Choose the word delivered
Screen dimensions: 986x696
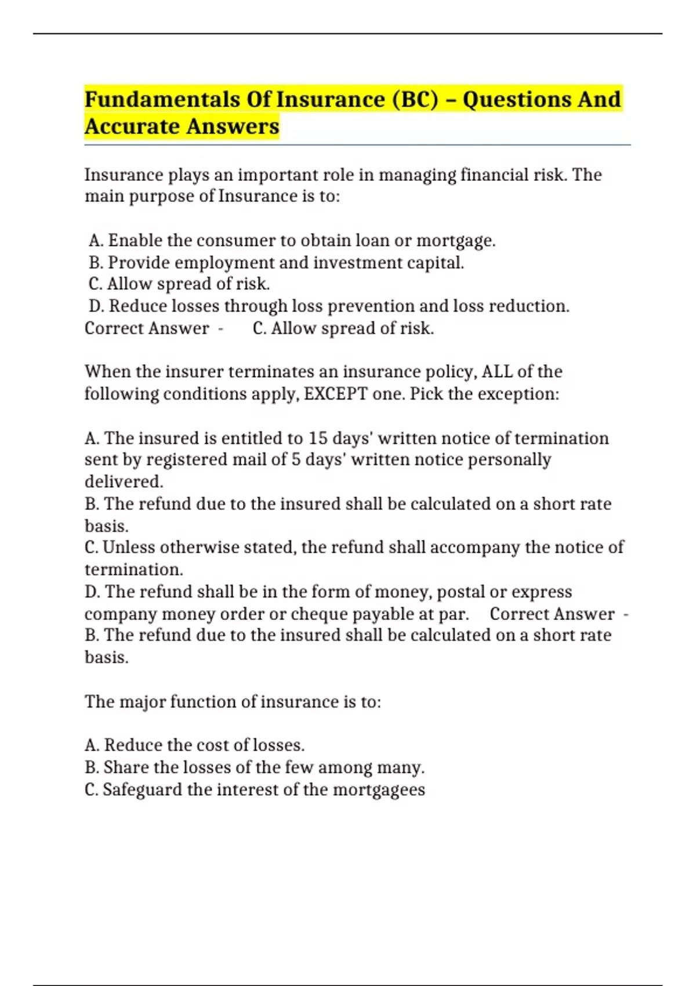[x=124, y=482]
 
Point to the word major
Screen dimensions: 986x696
[x=142, y=702]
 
